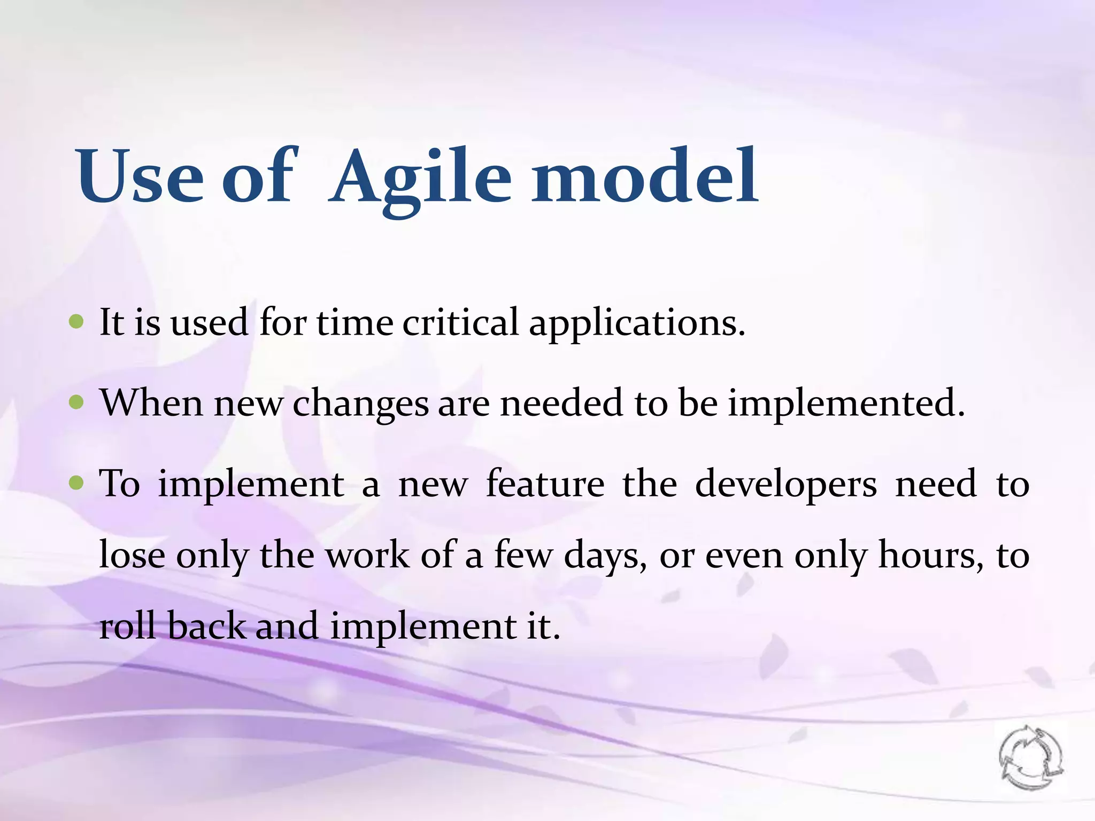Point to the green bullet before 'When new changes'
tap(77, 402)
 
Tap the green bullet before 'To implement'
tap(77, 483)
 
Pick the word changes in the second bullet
tap(360, 404)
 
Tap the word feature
tap(545, 483)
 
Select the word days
tap(605, 556)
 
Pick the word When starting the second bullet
tap(151, 403)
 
